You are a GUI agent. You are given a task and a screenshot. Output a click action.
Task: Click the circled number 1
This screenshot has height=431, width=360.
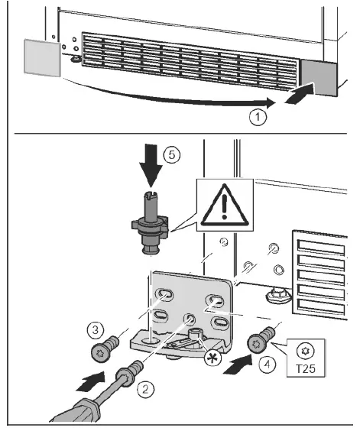tap(258, 117)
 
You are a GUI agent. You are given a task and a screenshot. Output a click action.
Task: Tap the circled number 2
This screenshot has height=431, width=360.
tap(145, 388)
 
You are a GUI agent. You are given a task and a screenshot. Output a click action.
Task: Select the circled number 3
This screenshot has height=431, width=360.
tap(95, 329)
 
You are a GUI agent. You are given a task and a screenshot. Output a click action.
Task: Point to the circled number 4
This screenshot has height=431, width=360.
tap(267, 365)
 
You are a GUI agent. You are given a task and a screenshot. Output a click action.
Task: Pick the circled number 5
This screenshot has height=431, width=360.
tap(172, 155)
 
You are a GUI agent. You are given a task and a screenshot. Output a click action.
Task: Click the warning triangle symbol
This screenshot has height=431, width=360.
tap(225, 205)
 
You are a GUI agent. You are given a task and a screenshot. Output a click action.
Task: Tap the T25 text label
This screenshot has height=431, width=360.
tap(305, 368)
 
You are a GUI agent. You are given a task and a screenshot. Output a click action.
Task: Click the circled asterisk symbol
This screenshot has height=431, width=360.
tap(213, 358)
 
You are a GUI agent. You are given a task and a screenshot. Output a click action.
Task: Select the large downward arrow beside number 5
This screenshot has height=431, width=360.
tap(151, 166)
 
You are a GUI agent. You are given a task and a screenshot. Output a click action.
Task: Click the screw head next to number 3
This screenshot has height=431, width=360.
tap(99, 353)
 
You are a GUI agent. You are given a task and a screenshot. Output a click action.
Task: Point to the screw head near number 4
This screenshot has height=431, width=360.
tap(257, 343)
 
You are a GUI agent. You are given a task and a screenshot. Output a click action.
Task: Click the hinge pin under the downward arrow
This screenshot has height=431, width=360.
tap(150, 222)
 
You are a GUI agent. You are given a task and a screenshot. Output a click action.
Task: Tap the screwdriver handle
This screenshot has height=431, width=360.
tap(75, 410)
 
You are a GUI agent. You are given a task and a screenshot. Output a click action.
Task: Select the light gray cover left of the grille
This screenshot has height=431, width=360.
tap(42, 58)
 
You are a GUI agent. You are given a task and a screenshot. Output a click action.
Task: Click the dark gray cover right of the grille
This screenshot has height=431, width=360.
tap(319, 78)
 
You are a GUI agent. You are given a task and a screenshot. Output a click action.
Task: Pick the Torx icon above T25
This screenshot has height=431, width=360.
tap(305, 351)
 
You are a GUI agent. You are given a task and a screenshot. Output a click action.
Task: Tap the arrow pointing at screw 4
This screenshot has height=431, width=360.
tap(237, 365)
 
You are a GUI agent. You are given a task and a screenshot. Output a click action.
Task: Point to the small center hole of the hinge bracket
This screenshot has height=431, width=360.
tap(190, 319)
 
